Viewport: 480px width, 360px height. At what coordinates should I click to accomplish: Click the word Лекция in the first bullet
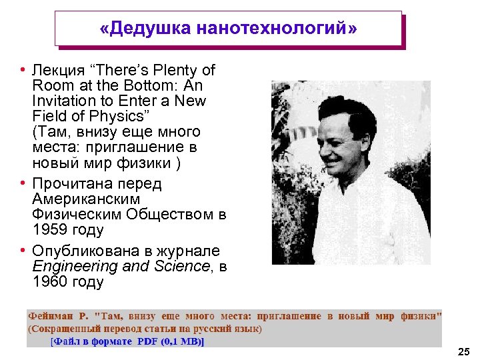(54, 70)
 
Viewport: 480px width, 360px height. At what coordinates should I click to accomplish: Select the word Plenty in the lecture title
(172, 70)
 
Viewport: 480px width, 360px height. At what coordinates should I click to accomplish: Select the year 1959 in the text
(49, 231)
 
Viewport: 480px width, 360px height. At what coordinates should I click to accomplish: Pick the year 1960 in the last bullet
(49, 282)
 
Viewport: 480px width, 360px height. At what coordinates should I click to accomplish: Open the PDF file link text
(127, 341)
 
